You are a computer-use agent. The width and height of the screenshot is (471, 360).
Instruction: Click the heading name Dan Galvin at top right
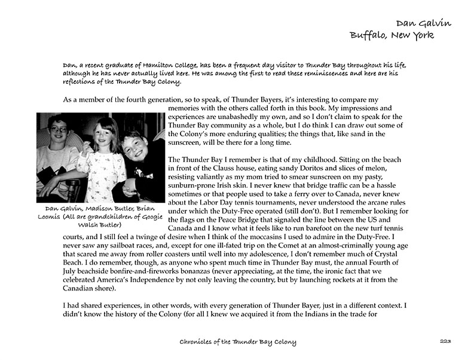423,23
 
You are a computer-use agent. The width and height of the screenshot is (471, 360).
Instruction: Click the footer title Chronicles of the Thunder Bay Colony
238,342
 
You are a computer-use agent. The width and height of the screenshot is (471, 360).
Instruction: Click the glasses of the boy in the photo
57,129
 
